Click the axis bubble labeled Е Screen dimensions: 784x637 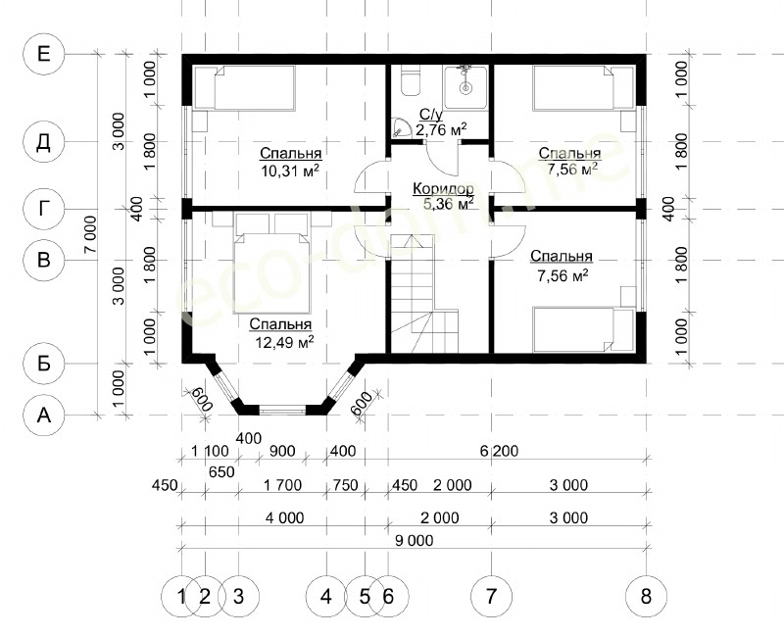[44, 54]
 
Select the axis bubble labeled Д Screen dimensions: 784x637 [44, 142]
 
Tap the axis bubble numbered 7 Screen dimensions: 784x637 [492, 596]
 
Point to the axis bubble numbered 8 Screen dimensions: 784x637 [646, 596]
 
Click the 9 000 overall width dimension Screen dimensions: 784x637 [413, 540]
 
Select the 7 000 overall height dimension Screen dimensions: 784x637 [90, 234]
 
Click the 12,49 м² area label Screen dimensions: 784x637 [284, 342]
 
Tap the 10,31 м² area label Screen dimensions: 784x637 [290, 171]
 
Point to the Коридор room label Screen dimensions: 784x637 [443, 189]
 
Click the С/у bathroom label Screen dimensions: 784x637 [430, 115]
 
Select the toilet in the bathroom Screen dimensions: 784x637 [411, 80]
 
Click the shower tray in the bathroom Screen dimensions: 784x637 [465, 87]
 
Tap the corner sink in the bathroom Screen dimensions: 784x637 [401, 127]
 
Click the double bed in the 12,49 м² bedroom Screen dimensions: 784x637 [272, 264]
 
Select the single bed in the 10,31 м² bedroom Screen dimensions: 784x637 [245, 87]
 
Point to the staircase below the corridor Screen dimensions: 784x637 [424, 293]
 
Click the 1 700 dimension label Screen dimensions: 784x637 [282, 485]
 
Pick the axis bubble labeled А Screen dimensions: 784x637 [44, 415]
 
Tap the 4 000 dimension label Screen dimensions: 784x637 [284, 517]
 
